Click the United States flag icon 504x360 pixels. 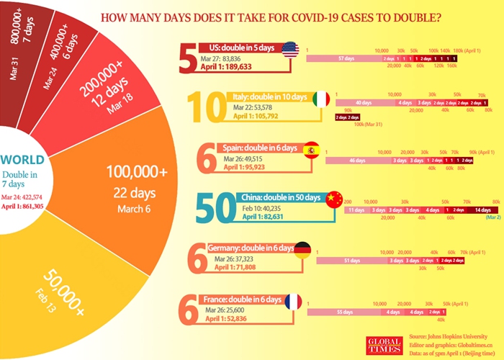coord(289,50)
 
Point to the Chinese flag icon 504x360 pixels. coord(333,199)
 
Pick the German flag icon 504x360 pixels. coord(302,250)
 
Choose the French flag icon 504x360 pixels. coord(293,301)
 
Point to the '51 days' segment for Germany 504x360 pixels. coord(352,261)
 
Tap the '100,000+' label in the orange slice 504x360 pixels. coord(137,171)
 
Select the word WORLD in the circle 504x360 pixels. coord(22,160)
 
